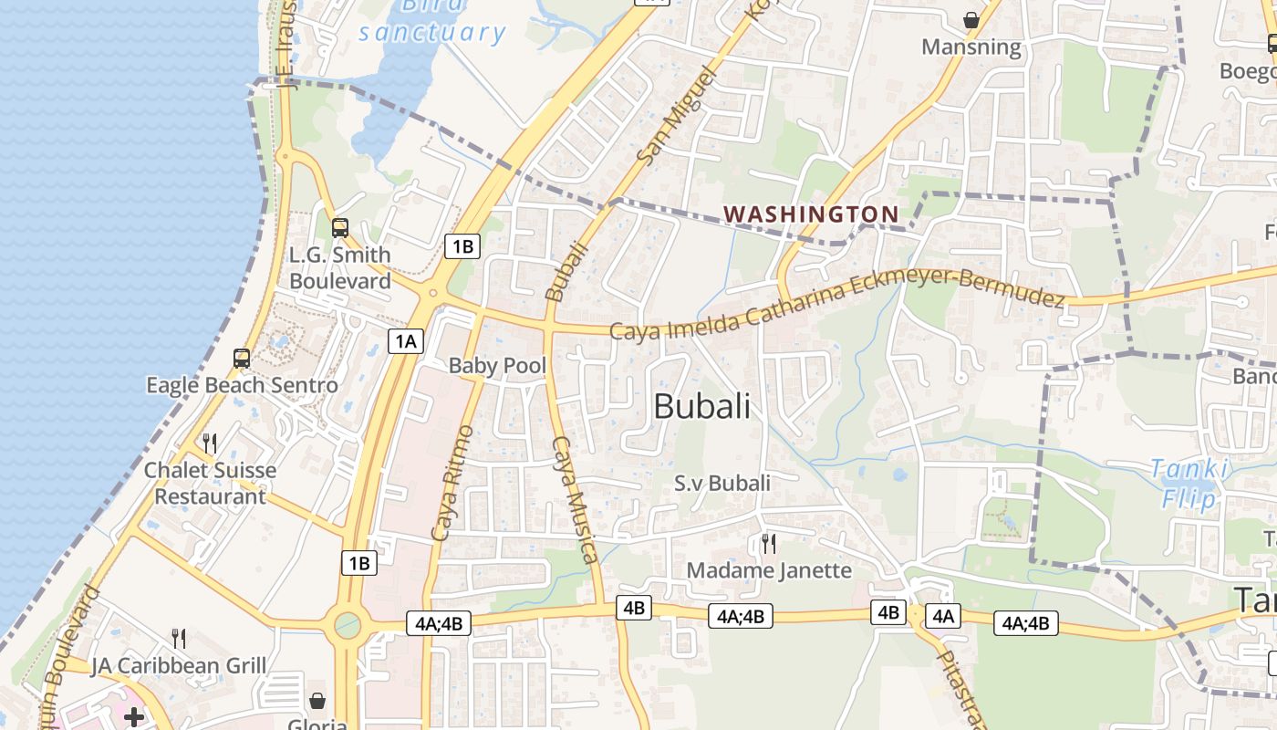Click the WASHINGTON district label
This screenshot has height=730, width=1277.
coord(811,214)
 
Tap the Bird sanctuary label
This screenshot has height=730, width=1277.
coord(431,23)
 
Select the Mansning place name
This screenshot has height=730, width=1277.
coord(971,47)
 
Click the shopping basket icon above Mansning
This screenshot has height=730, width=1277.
coord(971,19)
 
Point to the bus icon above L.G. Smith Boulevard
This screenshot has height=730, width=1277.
coord(339,228)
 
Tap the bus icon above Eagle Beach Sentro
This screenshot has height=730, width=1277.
coord(242,358)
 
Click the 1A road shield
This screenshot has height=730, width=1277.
coord(406,341)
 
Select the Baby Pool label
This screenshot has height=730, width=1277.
coord(497,366)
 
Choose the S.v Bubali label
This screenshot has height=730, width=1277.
coord(722,483)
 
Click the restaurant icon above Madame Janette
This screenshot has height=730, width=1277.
coord(769,544)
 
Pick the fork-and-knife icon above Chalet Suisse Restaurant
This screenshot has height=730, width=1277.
coord(210,443)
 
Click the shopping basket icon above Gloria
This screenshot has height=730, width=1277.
coord(317,701)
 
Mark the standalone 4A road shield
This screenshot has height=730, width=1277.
coord(942,616)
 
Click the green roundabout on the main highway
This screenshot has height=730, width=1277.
coord(348,625)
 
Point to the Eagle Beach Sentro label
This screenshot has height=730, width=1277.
coord(242,385)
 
